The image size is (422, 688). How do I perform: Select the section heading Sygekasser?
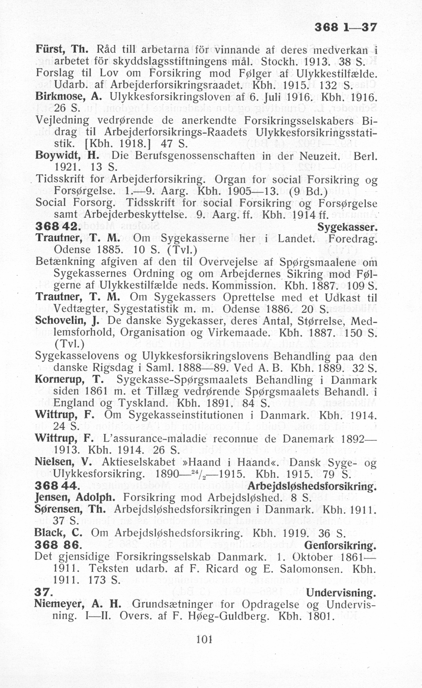(348, 228)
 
